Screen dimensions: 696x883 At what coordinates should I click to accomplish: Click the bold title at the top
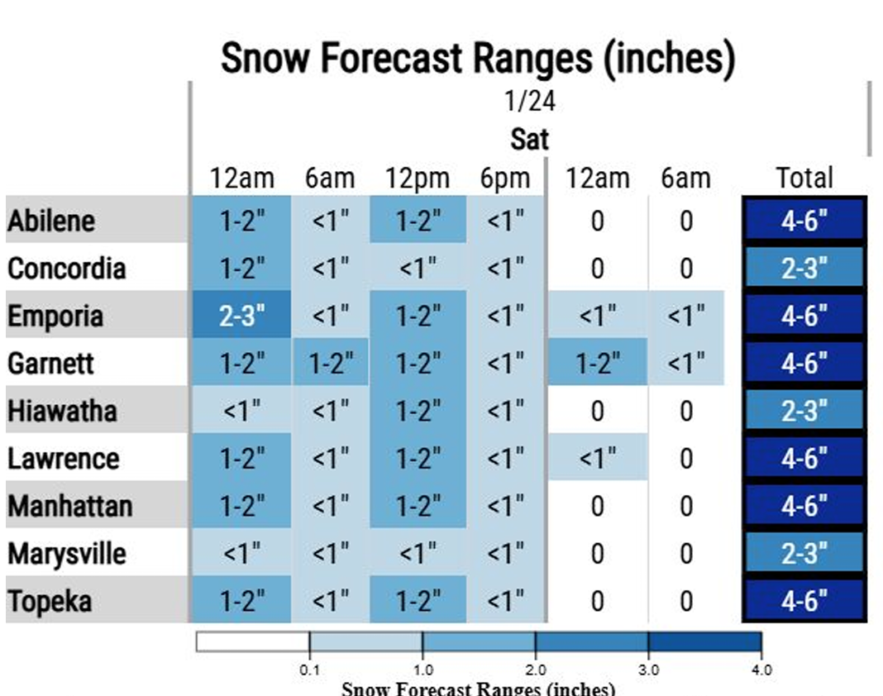click(478, 59)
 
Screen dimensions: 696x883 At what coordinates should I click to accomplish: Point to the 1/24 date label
click(529, 102)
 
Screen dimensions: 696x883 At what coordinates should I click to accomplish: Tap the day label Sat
click(529, 138)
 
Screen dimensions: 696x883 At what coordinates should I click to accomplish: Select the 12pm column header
click(418, 178)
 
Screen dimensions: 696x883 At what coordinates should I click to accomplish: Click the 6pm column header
click(504, 178)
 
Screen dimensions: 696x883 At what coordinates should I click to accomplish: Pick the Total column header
click(804, 178)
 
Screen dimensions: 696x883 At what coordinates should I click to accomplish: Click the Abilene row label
click(51, 221)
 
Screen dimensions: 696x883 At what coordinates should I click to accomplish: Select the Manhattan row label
click(70, 505)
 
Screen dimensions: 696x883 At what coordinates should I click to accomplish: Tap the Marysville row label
click(67, 553)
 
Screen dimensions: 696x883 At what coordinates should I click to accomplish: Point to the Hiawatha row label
click(62, 411)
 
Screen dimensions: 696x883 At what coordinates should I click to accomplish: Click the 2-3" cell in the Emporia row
click(241, 315)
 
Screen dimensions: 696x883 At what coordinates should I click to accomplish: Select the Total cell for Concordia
click(804, 269)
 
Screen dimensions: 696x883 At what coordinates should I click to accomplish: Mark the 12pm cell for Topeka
click(418, 601)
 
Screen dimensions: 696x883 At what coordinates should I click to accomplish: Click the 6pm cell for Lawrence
click(504, 458)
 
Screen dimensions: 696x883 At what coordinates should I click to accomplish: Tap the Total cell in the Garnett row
click(804, 363)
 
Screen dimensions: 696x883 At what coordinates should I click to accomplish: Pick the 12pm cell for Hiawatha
click(418, 411)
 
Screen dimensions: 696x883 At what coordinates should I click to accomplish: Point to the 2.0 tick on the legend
click(536, 670)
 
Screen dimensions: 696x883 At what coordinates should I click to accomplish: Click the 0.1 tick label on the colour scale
click(309, 670)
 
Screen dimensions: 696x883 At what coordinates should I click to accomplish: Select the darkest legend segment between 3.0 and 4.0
click(704, 641)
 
